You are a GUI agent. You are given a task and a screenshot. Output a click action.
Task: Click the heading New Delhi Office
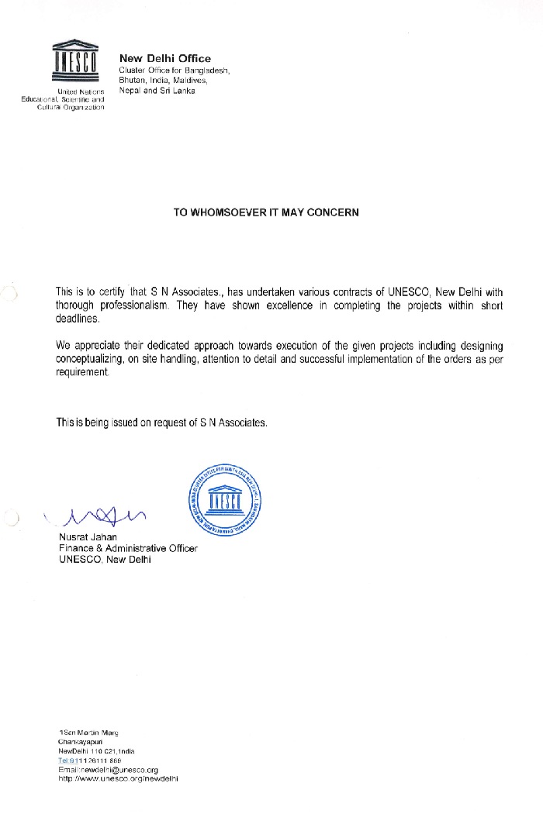click(x=164, y=58)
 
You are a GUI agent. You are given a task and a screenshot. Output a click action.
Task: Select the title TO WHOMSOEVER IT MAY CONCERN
click(x=266, y=212)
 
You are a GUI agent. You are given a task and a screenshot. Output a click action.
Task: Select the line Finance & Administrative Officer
click(x=128, y=548)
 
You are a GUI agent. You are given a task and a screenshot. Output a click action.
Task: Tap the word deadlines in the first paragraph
click(x=78, y=319)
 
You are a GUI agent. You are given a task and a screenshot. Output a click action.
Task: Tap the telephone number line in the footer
click(x=89, y=761)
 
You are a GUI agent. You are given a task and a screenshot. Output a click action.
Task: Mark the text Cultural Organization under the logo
click(x=71, y=107)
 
